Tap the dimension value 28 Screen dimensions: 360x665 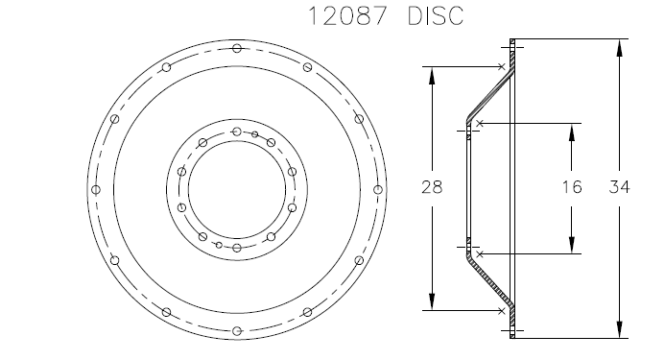[x=432, y=188]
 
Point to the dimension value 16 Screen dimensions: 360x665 [x=572, y=188]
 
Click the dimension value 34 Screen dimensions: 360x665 [x=619, y=188]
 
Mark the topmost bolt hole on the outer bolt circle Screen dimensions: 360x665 [x=237, y=48]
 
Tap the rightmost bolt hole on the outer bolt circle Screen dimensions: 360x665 [x=378, y=189]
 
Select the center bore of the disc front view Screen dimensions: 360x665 [x=237, y=189]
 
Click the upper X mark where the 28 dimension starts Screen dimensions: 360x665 [x=503, y=67]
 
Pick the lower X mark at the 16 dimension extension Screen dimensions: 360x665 [x=478, y=253]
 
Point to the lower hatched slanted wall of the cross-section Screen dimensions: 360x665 [x=490, y=282]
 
